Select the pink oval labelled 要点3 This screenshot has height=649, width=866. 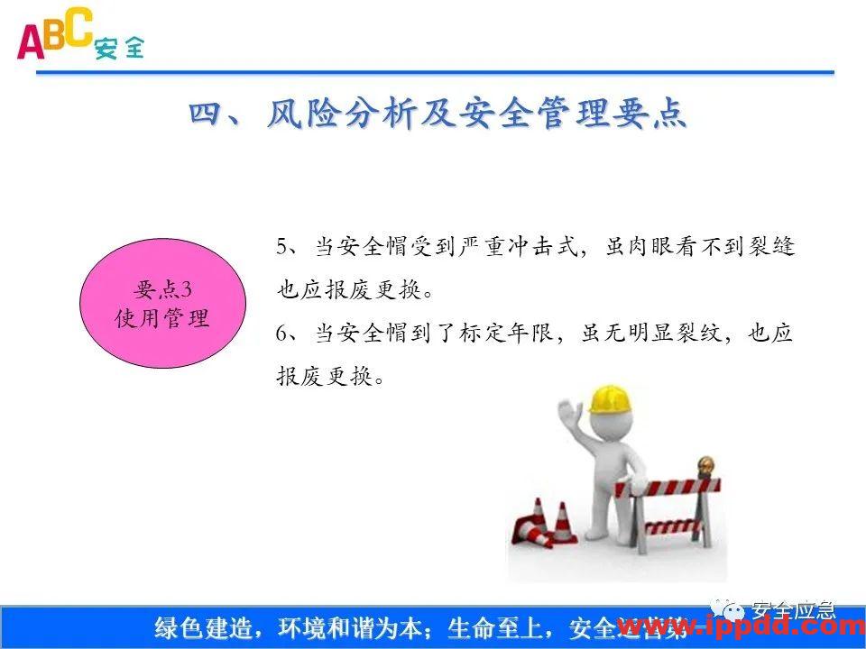click(x=162, y=305)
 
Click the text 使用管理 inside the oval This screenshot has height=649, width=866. click(x=162, y=319)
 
